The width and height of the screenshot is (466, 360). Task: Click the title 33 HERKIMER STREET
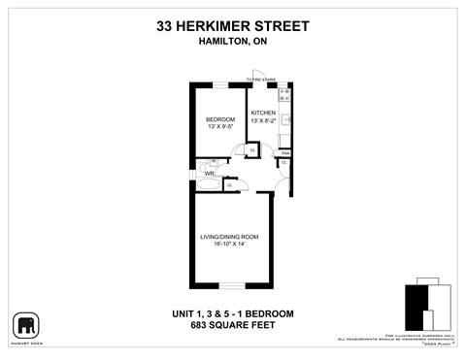[233, 28]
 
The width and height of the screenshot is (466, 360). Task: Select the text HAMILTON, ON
[233, 43]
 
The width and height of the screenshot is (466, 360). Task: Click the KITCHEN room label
[263, 114]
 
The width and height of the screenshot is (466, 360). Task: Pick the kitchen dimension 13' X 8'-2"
[263, 121]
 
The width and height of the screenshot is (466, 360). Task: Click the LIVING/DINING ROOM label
[229, 236]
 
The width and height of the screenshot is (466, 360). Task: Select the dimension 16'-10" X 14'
[229, 244]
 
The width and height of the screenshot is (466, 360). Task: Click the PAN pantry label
[285, 153]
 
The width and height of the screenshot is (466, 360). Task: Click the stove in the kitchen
[284, 94]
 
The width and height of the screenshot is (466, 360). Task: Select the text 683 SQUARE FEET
[233, 326]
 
